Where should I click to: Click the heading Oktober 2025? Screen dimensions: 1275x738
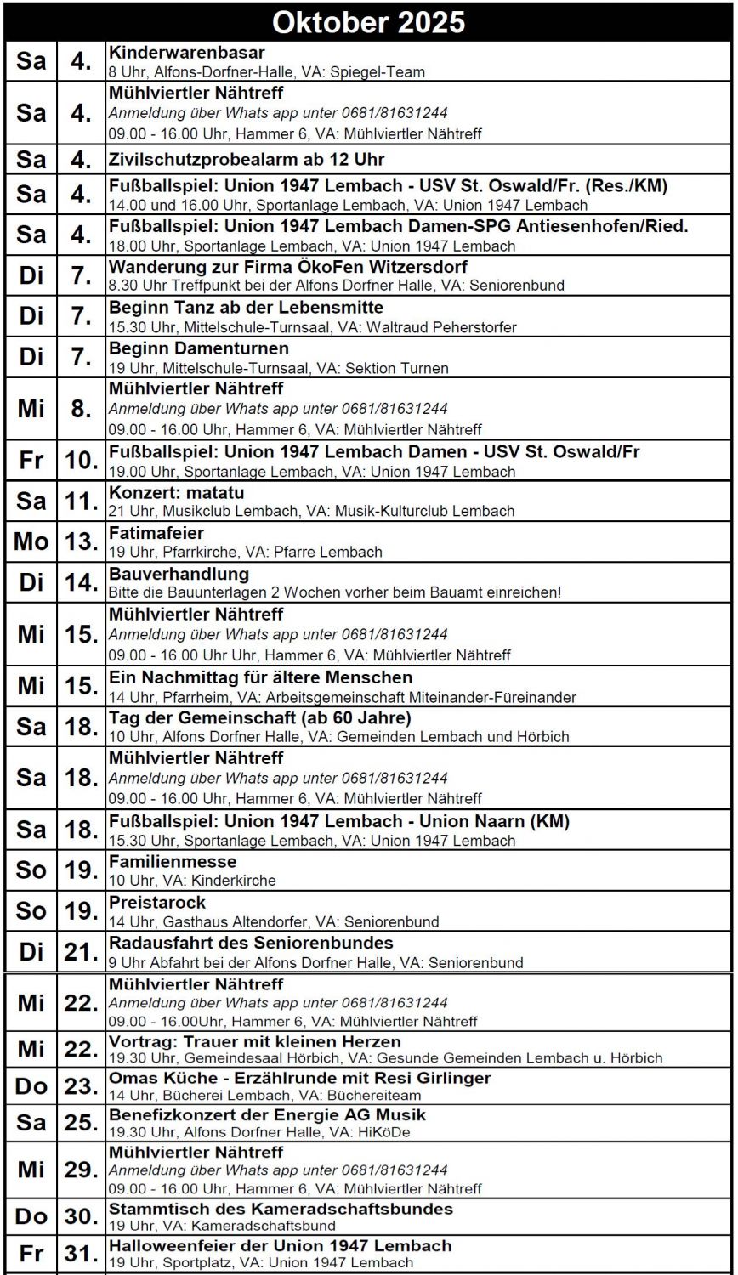point(368,20)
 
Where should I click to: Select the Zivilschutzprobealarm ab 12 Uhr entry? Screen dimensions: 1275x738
point(247,160)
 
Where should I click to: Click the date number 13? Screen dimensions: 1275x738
point(80,542)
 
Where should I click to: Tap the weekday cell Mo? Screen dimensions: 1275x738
point(31,542)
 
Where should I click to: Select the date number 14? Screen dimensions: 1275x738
point(80,583)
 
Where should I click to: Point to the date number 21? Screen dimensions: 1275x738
point(80,952)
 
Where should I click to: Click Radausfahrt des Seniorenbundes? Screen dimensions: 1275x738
point(251,943)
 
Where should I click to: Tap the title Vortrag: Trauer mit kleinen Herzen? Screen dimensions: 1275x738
point(255,1041)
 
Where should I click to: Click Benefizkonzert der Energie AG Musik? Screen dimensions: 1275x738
point(267,1114)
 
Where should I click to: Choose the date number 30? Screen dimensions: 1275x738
point(80,1216)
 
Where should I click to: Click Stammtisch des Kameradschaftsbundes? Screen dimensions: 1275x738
point(281,1209)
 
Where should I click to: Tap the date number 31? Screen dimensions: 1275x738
point(80,1254)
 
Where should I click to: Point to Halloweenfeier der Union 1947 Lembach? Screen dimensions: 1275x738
point(281,1246)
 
